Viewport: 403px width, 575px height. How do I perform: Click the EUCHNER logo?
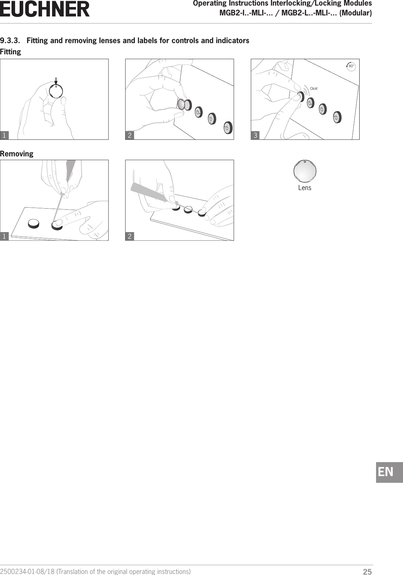point(45,9)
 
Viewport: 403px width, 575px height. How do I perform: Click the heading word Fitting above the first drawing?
point(11,52)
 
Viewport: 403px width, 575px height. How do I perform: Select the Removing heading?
point(17,154)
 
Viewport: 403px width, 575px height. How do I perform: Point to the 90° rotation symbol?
point(351,66)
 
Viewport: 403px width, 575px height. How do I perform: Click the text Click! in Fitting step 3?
point(314,88)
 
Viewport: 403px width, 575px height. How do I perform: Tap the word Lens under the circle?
point(305,188)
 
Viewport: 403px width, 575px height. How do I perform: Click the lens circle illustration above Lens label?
point(305,171)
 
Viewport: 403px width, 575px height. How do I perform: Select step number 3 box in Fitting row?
point(256,135)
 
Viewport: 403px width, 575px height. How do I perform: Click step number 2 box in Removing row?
point(130,236)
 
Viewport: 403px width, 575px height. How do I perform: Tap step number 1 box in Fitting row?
point(4,135)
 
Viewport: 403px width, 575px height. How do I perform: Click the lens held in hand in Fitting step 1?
point(56,92)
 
